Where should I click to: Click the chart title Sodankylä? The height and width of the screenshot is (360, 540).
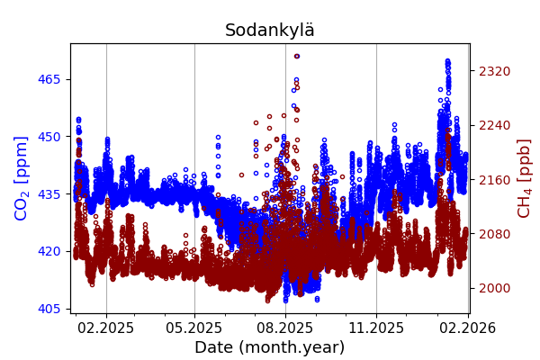(x=269, y=31)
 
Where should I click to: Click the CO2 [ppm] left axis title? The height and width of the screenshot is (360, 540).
(x=22, y=178)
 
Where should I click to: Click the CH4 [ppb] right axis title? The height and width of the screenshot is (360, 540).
(x=524, y=178)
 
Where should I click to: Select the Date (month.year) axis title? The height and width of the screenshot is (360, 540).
(x=269, y=347)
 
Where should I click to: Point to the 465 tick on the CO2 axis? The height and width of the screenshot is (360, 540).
(x=49, y=79)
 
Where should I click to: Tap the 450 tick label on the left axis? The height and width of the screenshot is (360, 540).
(x=49, y=137)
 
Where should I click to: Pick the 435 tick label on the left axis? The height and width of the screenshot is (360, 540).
(x=49, y=193)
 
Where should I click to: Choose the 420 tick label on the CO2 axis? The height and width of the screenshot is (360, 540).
(x=49, y=251)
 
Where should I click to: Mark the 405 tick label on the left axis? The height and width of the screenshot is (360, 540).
(x=49, y=309)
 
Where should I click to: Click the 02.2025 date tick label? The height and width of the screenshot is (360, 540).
(x=106, y=328)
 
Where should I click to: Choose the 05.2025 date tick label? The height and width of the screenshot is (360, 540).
(x=194, y=328)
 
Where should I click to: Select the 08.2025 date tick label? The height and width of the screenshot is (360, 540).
(x=285, y=328)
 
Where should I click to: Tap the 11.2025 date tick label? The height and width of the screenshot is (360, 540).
(x=376, y=328)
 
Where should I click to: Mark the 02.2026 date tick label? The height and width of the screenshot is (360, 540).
(x=468, y=328)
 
